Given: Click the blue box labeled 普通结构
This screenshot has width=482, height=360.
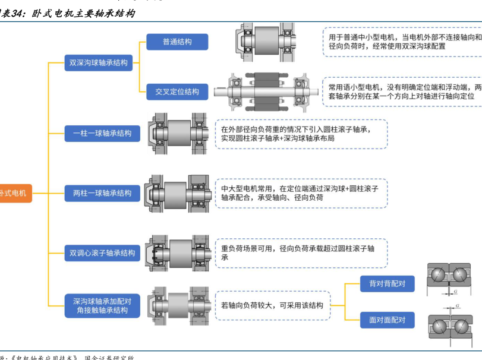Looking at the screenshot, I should (x=177, y=42).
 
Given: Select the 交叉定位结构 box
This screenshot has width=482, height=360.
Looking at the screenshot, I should (x=177, y=91).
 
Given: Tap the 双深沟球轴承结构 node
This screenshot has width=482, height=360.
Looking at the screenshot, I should (x=99, y=62).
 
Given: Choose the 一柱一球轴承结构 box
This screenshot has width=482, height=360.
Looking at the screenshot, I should (x=102, y=134).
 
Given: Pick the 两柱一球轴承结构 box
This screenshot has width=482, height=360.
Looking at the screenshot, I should (x=102, y=193).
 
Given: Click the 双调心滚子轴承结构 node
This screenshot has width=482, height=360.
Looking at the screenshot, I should (x=102, y=253).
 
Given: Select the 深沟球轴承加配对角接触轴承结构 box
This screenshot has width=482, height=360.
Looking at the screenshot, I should (x=102, y=306).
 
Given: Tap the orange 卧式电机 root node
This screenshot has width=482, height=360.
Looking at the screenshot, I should (x=14, y=193).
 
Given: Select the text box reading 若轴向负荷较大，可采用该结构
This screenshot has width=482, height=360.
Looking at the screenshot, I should (x=272, y=306).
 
